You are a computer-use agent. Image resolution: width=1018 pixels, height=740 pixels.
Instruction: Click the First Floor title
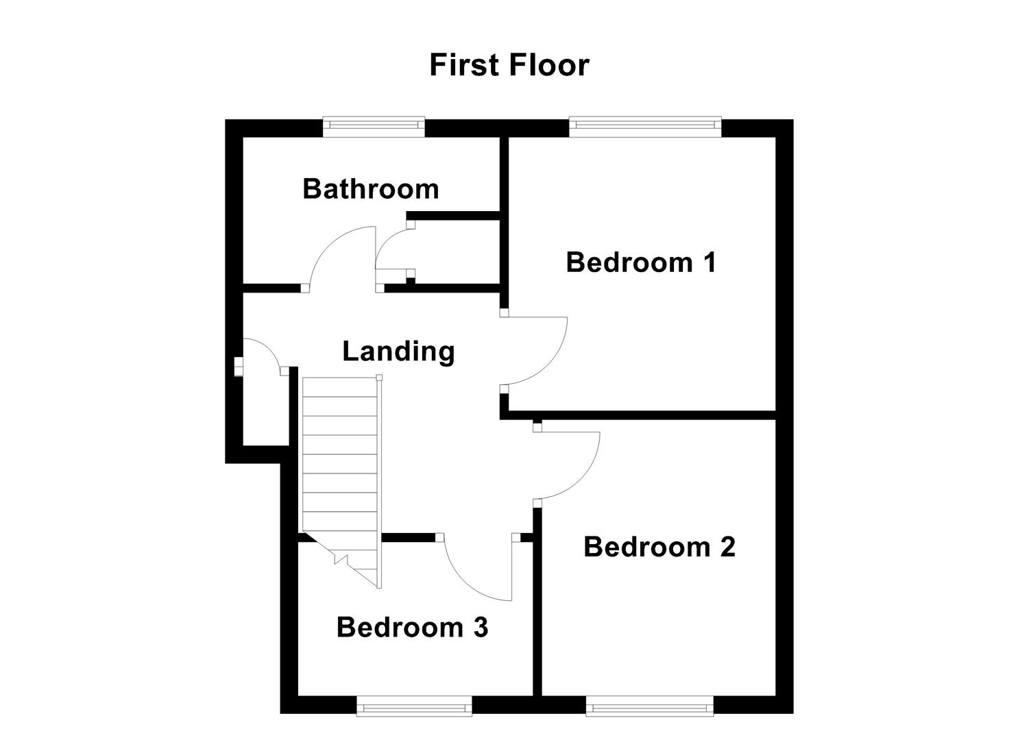click(509, 65)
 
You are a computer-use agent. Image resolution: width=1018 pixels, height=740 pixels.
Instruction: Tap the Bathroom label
click(370, 188)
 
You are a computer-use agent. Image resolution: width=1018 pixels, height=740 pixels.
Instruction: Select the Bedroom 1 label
click(641, 262)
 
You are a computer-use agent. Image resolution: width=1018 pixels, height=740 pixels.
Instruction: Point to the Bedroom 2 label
click(659, 547)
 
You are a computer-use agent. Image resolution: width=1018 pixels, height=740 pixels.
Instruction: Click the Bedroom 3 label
click(412, 627)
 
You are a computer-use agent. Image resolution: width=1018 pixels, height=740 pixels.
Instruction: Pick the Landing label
click(398, 351)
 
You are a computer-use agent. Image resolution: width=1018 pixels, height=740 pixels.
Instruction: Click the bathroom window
click(374, 125)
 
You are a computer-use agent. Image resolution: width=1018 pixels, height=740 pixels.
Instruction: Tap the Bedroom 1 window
click(644, 125)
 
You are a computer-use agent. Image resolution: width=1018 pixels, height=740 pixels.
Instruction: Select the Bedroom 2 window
click(649, 706)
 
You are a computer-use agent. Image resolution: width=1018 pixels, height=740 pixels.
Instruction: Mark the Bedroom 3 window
click(414, 706)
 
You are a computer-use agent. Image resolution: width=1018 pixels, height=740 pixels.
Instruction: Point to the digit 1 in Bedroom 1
click(709, 262)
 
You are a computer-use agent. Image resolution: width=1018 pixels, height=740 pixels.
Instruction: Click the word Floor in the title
click(548, 65)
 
